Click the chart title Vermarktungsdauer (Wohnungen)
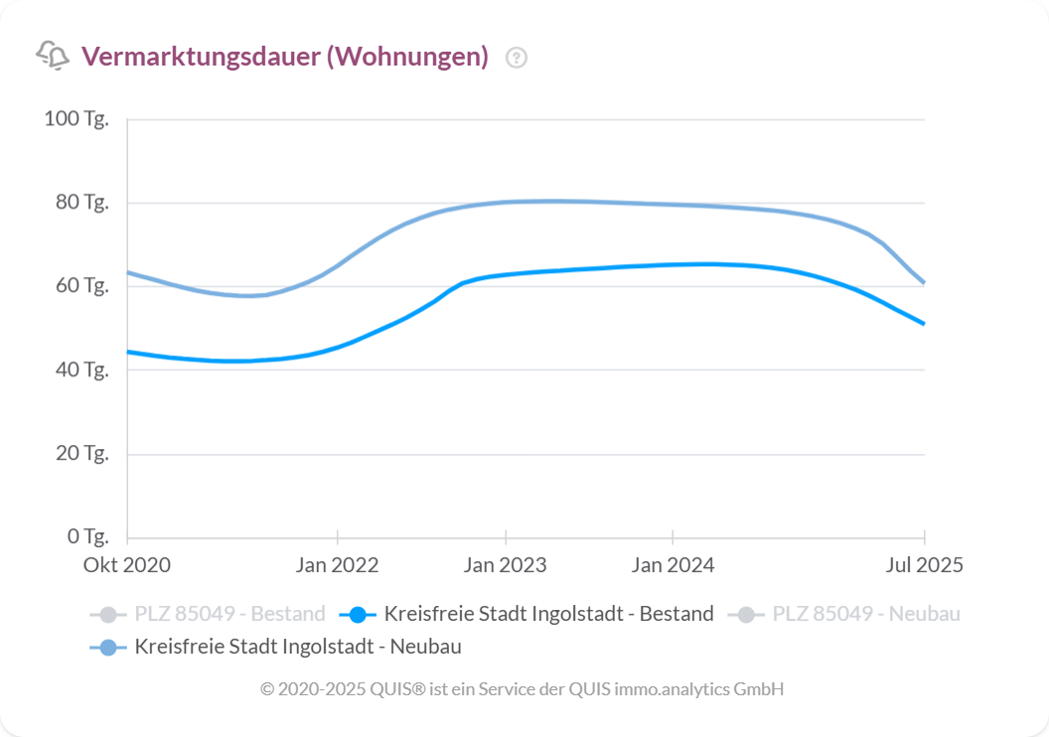[x=285, y=57]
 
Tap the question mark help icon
[x=517, y=58]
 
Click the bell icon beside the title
[x=53, y=56]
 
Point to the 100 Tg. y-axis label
[x=76, y=119]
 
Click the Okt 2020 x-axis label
[x=127, y=565]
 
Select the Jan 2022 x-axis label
[x=338, y=565]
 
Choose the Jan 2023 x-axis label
[x=506, y=565]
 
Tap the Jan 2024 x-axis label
[x=673, y=565]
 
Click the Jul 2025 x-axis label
[x=925, y=565]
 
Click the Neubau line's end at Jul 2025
[x=924, y=283]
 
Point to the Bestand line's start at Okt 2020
[x=128, y=352]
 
